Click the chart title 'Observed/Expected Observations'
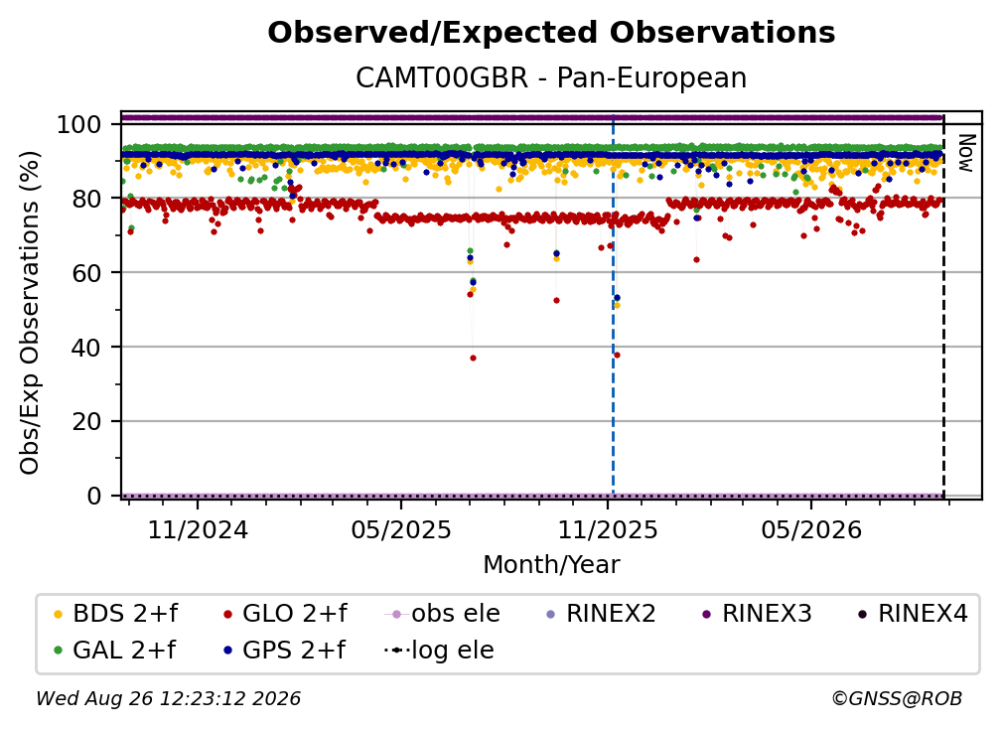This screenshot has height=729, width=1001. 551,33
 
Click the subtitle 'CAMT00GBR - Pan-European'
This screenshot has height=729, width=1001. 551,78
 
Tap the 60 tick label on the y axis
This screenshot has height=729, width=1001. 86,273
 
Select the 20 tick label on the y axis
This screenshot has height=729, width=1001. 86,422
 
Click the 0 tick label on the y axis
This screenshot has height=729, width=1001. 94,496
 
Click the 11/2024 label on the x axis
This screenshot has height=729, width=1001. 198,529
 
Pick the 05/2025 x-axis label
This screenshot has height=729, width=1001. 401,529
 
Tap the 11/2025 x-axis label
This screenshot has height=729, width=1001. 608,529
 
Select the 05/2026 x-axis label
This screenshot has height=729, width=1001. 811,529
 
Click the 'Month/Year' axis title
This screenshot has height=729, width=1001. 551,565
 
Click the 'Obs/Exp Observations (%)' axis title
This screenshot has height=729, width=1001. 30,313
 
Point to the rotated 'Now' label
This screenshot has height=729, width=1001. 966,153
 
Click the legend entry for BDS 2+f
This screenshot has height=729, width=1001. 115,614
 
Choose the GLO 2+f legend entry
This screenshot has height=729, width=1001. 285,614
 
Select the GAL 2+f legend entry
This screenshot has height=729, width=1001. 114,651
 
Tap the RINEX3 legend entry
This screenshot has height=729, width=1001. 757,614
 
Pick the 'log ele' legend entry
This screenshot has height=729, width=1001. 439,651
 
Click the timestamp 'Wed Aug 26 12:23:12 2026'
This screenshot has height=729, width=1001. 169,699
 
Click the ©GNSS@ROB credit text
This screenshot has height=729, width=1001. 897,699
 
